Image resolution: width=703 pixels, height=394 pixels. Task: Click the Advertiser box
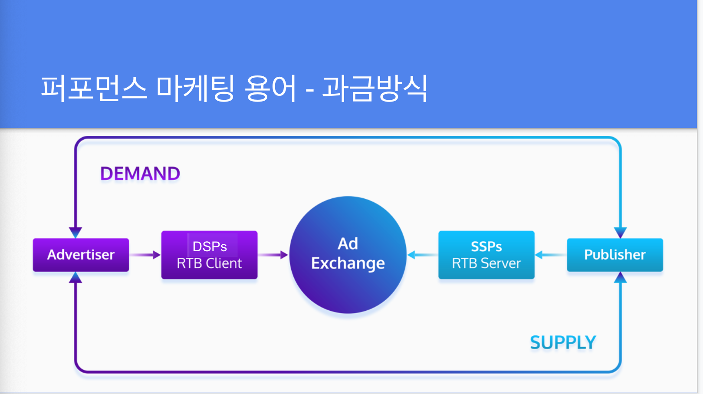click(81, 255)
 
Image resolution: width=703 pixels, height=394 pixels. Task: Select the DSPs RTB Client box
click(209, 255)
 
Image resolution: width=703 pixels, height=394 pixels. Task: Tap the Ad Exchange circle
click(348, 255)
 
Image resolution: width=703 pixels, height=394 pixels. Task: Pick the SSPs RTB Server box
click(486, 255)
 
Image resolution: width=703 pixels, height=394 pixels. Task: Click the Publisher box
click(615, 255)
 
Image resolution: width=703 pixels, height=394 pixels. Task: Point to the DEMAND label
click(140, 174)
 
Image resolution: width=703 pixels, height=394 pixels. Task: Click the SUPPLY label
click(563, 342)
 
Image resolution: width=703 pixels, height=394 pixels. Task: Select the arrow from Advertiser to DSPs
click(145, 255)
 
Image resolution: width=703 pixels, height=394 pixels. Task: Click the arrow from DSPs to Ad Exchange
click(273, 255)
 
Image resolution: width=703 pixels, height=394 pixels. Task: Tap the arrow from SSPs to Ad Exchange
click(423, 255)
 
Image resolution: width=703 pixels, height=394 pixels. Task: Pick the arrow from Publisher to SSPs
click(551, 255)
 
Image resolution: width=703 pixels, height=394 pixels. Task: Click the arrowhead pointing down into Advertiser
click(76, 233)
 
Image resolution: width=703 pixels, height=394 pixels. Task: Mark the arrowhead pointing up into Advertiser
click(76, 277)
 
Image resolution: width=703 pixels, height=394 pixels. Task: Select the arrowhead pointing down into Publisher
click(621, 233)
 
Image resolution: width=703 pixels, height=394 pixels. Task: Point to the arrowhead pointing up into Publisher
click(621, 277)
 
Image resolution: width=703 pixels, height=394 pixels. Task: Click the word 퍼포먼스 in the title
click(94, 88)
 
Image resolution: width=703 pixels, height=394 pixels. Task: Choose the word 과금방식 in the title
click(375, 88)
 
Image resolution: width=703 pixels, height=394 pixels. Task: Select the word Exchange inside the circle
click(348, 263)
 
